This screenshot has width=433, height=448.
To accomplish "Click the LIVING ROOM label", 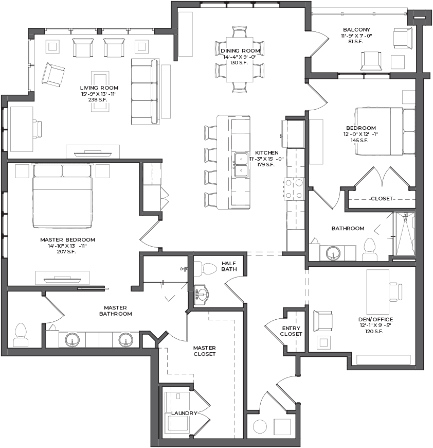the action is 99,88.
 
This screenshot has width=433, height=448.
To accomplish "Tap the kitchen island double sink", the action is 241,165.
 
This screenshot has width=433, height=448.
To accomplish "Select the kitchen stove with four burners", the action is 294,188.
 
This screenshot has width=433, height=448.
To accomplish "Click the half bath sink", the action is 202,294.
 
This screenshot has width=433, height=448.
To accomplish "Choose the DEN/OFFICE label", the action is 376,319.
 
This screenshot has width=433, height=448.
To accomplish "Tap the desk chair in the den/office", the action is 395,291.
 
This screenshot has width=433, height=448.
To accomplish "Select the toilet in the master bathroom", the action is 21,335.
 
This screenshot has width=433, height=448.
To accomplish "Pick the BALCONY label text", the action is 356,29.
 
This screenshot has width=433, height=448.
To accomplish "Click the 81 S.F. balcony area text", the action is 356,41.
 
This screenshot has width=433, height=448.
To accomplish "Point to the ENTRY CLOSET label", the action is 291,331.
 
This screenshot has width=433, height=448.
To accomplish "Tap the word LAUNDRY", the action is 184,413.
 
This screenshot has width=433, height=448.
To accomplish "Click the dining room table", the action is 240,59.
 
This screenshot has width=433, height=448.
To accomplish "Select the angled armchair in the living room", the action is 53,74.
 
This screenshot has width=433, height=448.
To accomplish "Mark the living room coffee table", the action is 100,92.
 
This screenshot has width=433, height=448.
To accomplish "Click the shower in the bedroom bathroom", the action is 404,233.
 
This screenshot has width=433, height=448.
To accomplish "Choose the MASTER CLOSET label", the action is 205,351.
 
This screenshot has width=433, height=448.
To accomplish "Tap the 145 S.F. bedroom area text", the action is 359,140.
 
